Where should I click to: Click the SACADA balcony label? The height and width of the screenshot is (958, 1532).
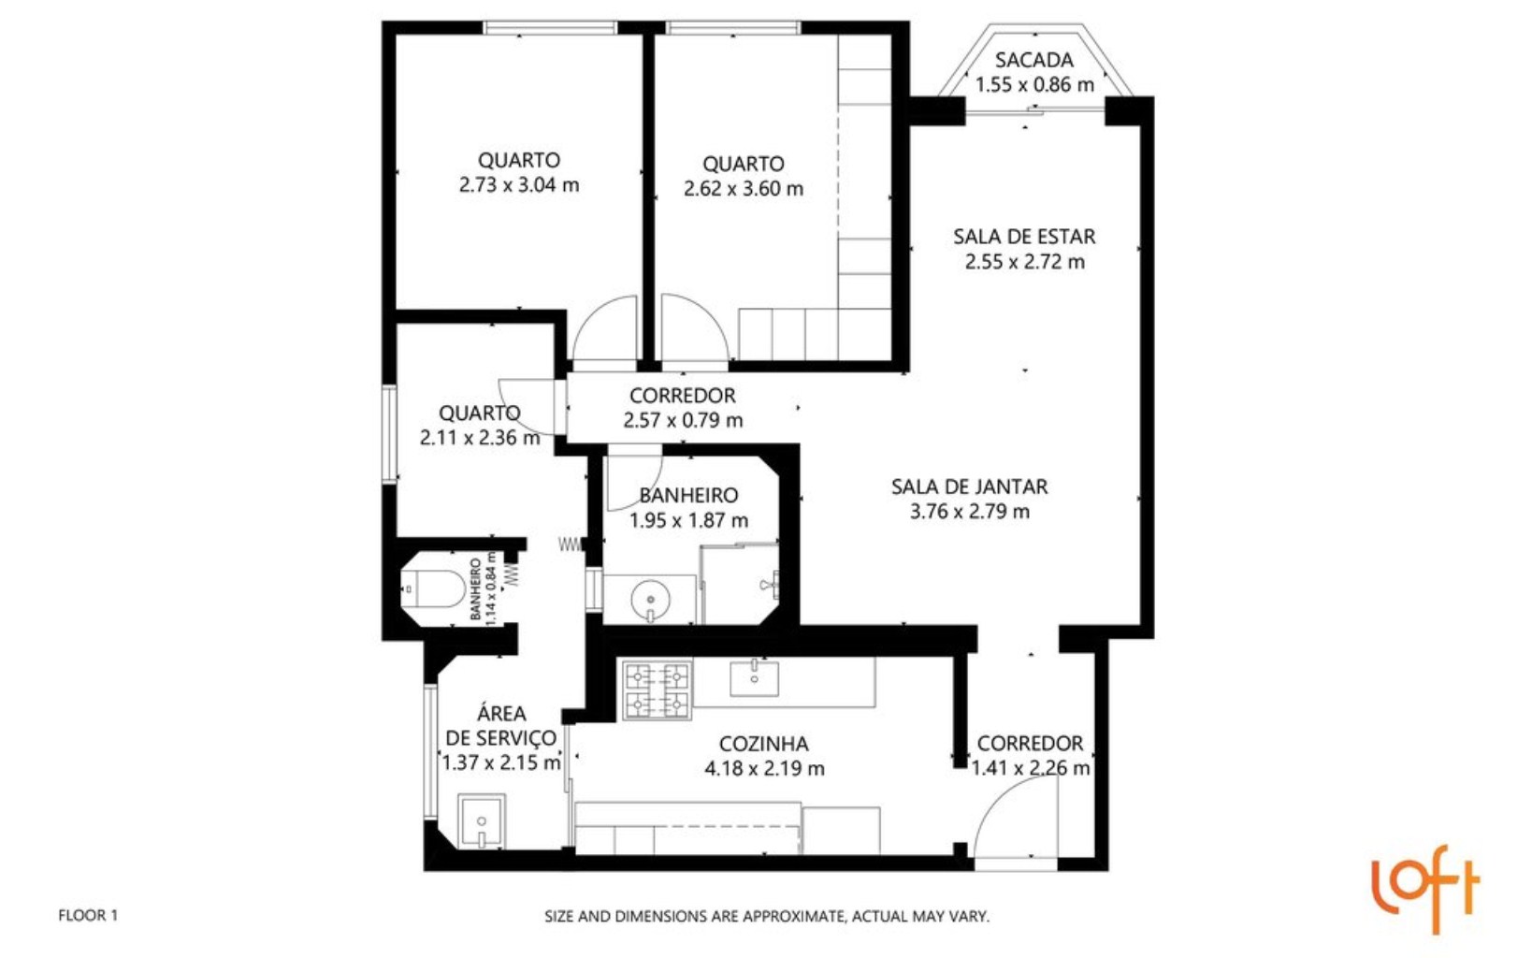[x=1033, y=60]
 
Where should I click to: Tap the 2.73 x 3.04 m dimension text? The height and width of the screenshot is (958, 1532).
[x=518, y=185]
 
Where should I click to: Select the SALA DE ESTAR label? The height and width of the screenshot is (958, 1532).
[x=1024, y=237]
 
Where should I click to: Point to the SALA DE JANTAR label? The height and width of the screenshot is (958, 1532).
[x=969, y=486]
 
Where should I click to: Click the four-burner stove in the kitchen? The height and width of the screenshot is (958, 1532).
[x=657, y=690]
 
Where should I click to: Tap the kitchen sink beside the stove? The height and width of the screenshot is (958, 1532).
[x=754, y=677]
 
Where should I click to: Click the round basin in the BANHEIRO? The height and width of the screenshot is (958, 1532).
[x=650, y=596]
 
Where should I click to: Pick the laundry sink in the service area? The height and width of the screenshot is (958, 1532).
[x=482, y=821]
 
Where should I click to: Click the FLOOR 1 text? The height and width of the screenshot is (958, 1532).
[x=88, y=915]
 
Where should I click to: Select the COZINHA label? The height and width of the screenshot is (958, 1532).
[x=763, y=744]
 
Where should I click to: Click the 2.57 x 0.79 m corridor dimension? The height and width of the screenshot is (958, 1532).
[x=683, y=421]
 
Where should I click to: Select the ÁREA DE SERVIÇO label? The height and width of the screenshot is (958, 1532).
[x=500, y=725]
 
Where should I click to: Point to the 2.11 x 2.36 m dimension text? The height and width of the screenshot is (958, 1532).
[x=480, y=438]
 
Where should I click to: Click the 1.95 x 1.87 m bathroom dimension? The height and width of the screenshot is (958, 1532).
[x=688, y=521]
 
